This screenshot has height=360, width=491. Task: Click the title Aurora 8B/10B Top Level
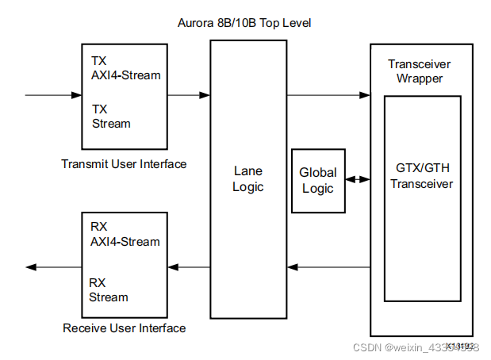tap(244, 23)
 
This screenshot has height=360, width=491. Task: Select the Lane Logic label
tap(248, 179)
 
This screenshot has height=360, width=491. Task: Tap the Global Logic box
tap(318, 180)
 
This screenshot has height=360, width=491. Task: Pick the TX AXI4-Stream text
tap(126, 68)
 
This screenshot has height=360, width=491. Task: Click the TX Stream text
tap(111, 117)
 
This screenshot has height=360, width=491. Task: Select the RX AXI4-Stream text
tap(125, 234)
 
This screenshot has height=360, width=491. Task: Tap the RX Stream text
tap(109, 289)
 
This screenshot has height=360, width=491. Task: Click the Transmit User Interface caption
tap(124, 164)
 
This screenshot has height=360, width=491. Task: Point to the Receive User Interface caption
tap(124, 328)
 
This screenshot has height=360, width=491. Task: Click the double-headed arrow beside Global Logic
tap(358, 180)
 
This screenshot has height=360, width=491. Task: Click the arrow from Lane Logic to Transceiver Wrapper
tap(328, 96)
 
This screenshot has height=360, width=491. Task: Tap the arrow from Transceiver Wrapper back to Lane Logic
tap(328, 267)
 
